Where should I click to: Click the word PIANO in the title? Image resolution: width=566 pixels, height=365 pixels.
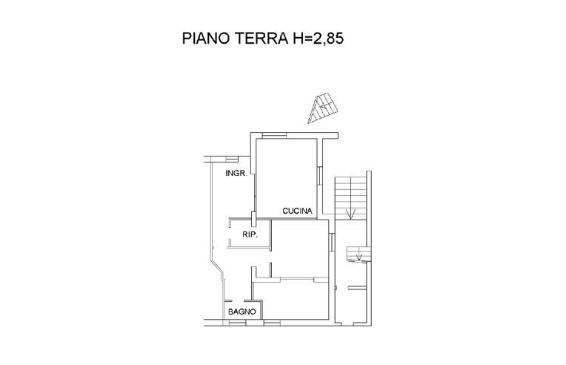pyautogui.click(x=206, y=38)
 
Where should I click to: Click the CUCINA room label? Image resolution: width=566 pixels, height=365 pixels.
pyautogui.click(x=297, y=211)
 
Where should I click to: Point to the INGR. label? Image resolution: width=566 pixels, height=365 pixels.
pyautogui.click(x=236, y=174)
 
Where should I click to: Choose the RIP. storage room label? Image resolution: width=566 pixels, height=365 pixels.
pyautogui.click(x=250, y=235)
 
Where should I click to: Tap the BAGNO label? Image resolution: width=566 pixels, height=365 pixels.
pyautogui.click(x=242, y=312)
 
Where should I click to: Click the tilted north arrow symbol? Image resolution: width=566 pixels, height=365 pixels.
pyautogui.click(x=324, y=108)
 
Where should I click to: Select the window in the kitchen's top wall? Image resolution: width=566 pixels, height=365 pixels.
pyautogui.click(x=274, y=135)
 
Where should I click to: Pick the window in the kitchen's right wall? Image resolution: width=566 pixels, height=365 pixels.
pyautogui.click(x=319, y=176)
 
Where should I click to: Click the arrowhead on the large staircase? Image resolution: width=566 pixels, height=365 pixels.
pyautogui.click(x=350, y=214)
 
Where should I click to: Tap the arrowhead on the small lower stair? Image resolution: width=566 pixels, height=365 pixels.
pyautogui.click(x=359, y=257)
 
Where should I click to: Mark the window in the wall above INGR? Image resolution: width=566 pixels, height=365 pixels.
pyautogui.click(x=232, y=158)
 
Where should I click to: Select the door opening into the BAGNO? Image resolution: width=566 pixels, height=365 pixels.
pyautogui.click(x=239, y=300)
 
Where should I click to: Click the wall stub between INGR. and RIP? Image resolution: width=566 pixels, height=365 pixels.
pyautogui.click(x=254, y=219)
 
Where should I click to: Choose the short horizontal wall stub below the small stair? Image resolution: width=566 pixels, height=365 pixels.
pyautogui.click(x=357, y=288)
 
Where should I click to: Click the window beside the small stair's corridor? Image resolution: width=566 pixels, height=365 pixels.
pyautogui.click(x=332, y=242)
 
